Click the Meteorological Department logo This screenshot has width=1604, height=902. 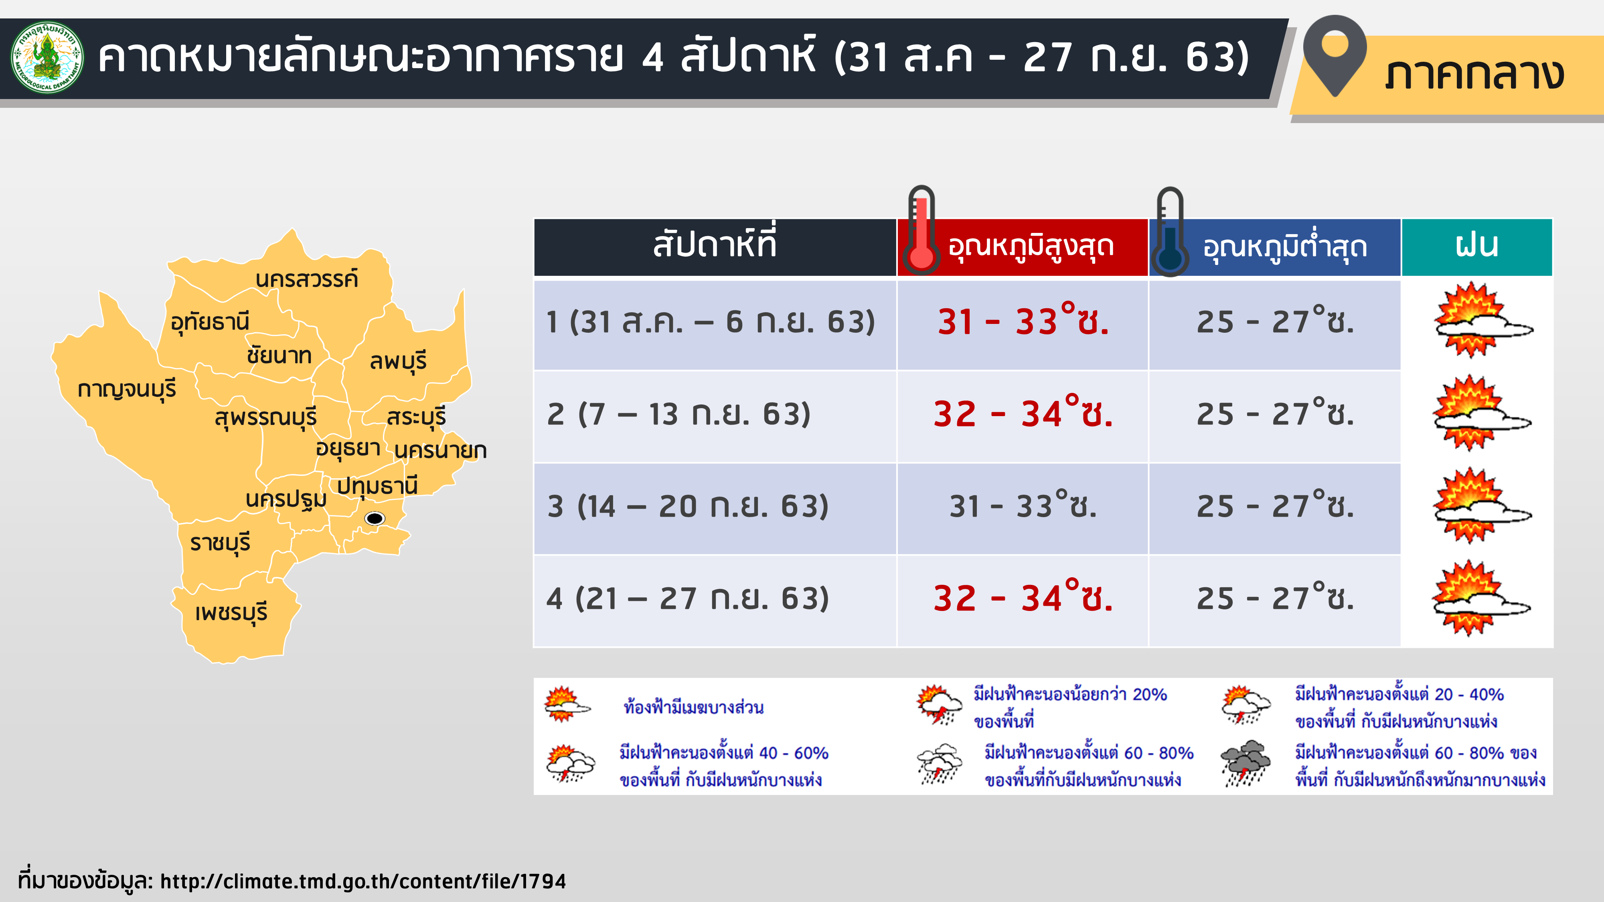[47, 57]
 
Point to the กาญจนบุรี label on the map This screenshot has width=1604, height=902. [127, 390]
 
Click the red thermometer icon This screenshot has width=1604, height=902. [921, 231]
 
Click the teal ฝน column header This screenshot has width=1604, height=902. [1477, 247]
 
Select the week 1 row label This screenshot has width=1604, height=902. [711, 322]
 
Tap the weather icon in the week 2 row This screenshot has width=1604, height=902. [1481, 413]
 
